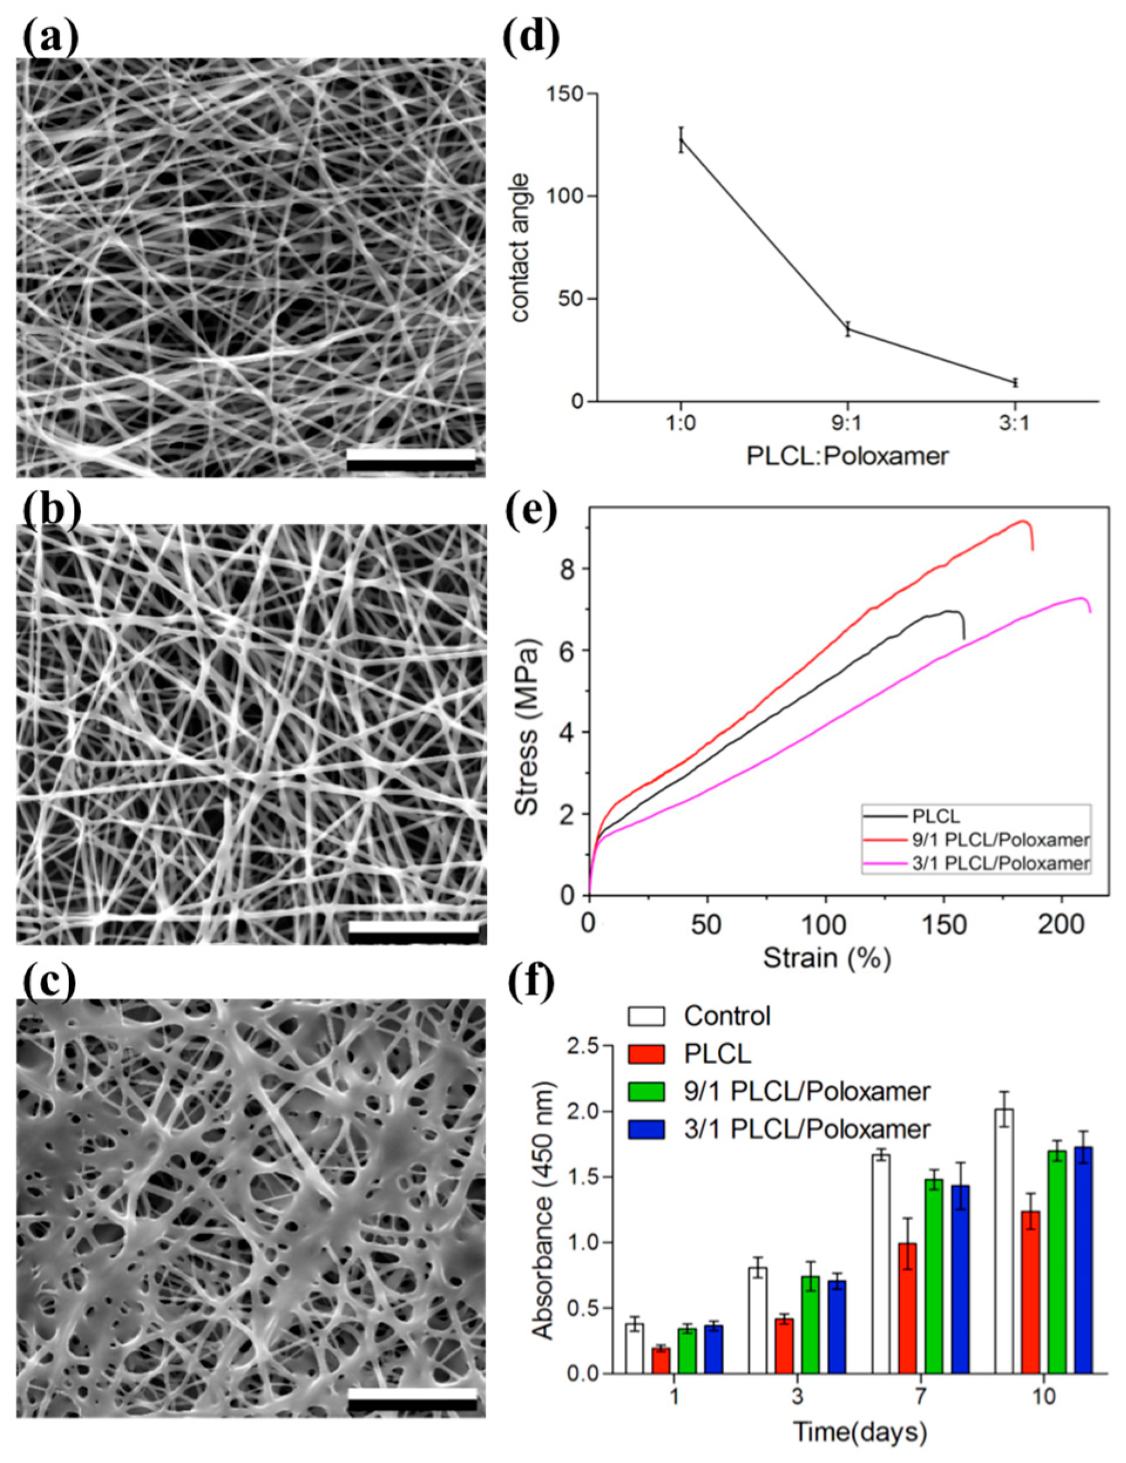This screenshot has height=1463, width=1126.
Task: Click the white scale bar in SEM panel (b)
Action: coord(413,932)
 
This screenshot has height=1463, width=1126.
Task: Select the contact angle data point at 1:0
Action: coord(681,140)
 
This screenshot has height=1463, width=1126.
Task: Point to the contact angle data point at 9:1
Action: coord(848,329)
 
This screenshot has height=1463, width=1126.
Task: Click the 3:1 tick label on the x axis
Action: coord(1015,425)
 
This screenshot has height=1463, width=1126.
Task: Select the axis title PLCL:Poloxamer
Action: coord(848,456)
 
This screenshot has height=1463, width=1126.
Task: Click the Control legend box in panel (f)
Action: coord(646,1016)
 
